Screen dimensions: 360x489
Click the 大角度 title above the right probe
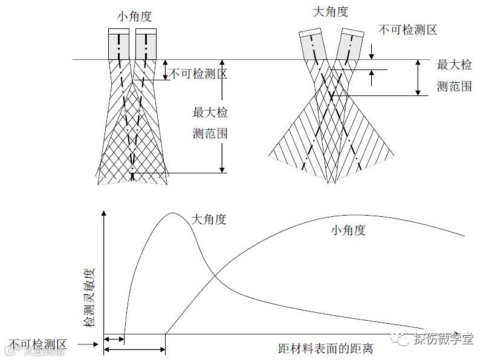point(331,11)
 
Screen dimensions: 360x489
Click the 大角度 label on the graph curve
point(209,220)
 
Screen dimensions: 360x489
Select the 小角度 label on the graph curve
point(348,230)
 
